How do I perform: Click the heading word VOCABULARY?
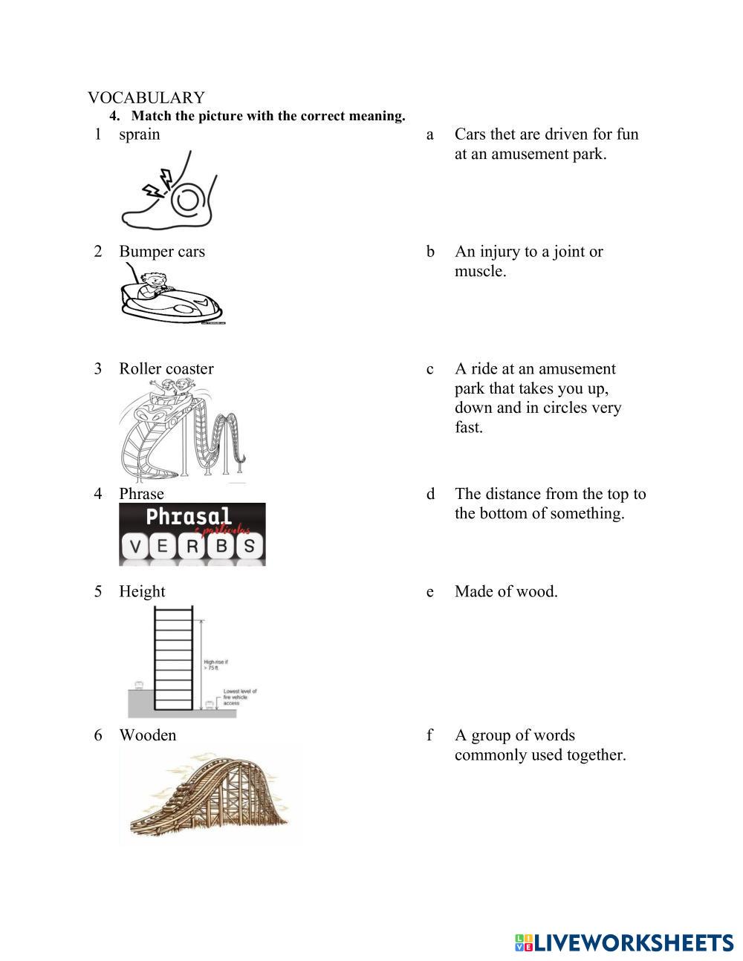[x=146, y=97]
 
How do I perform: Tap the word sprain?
[x=139, y=134]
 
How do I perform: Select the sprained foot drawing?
[x=169, y=192]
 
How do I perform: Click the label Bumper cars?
[x=161, y=252]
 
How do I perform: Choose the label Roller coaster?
[x=166, y=369]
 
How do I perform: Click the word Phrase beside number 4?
[x=141, y=494]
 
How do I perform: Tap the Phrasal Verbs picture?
[x=192, y=534]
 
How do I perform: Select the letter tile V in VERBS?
[x=134, y=549]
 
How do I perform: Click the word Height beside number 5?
[x=142, y=592]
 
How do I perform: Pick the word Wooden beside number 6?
[x=147, y=735]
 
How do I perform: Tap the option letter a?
[x=429, y=135]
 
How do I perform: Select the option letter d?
[x=430, y=495]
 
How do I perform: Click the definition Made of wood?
[x=506, y=592]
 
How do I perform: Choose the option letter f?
[x=429, y=735]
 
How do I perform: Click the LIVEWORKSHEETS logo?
[x=623, y=942]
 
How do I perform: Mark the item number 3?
[x=97, y=369]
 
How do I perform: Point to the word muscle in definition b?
[x=480, y=272]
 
